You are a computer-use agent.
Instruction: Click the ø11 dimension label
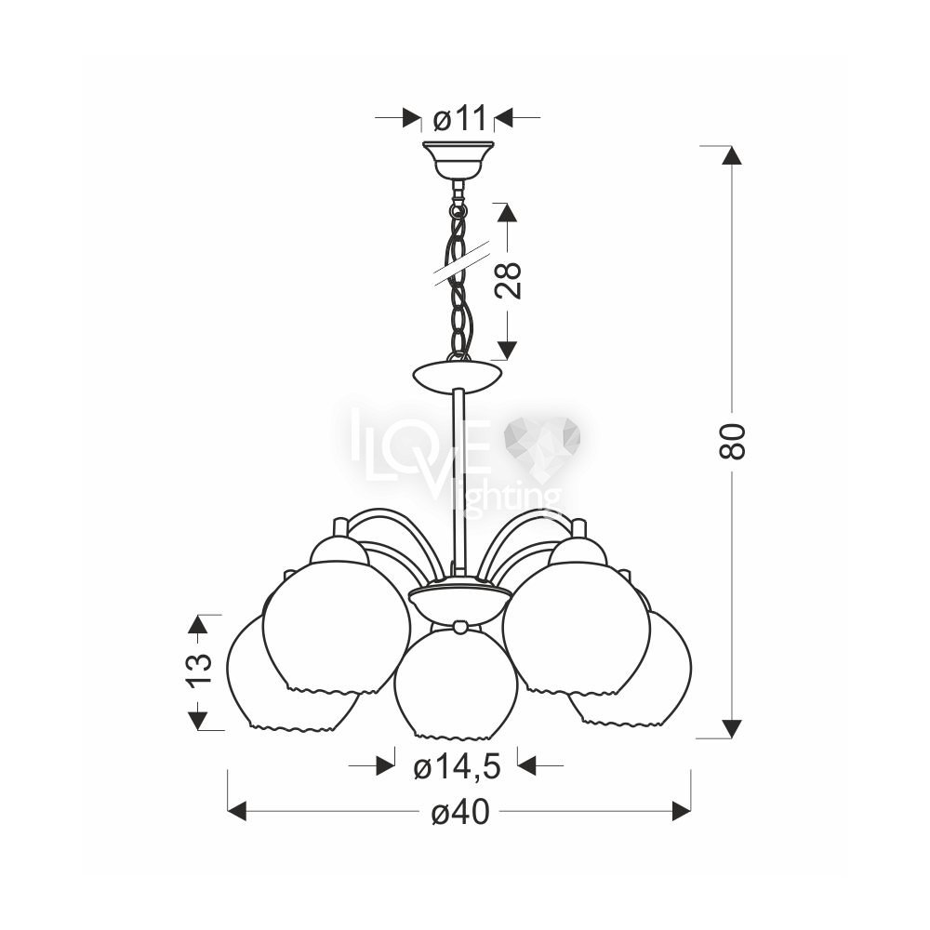click(459, 119)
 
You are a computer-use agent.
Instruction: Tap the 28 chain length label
click(509, 280)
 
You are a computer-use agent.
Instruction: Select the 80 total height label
click(731, 442)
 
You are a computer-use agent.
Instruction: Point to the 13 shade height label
click(199, 671)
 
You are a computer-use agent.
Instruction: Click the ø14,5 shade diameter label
click(458, 769)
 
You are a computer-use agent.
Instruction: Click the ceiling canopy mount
click(458, 160)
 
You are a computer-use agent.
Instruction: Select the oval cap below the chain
click(458, 376)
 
